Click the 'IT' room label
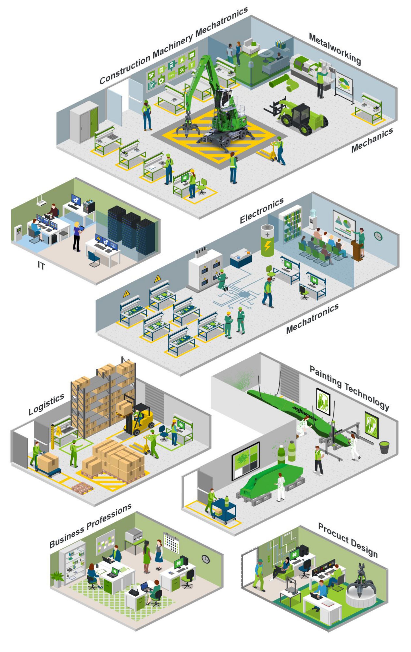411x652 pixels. pos(41,266)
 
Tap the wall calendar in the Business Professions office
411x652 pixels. pos(171,543)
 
